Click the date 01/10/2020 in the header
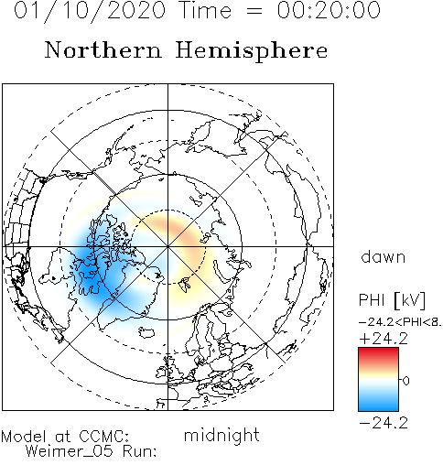coord(90,11)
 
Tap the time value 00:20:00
coord(329,10)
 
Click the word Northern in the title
coord(103,50)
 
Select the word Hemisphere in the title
coord(252,50)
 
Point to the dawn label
coord(384,256)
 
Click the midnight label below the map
coord(221,435)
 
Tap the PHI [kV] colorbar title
coord(392,300)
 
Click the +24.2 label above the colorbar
coord(384,339)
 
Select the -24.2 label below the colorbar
coord(384,423)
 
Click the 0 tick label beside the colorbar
coord(405,381)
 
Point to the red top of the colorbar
coord(378,354)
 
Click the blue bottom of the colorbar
coord(378,404)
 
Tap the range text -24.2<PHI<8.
coord(400,322)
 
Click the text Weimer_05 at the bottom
coord(69,451)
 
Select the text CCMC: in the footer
coord(103,437)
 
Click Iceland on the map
coord(146,332)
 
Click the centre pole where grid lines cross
coord(167,246)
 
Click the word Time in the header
coord(206,10)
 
